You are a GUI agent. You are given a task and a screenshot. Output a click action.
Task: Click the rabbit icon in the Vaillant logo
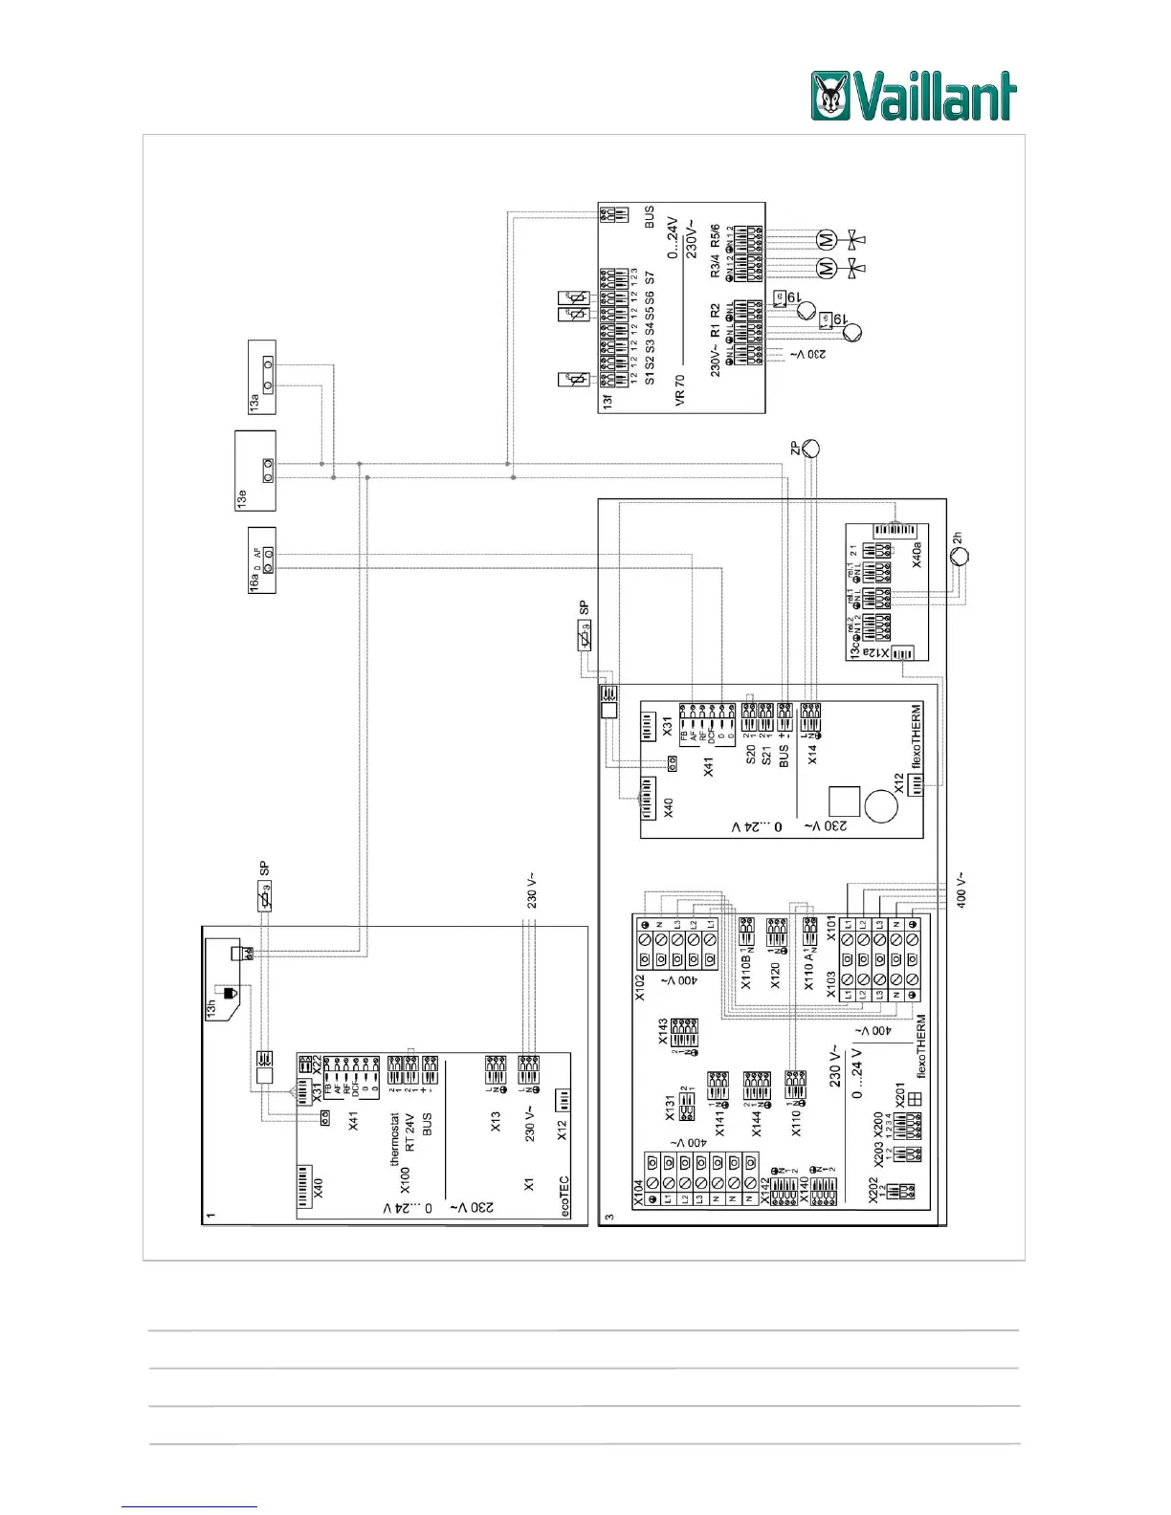[x=829, y=97]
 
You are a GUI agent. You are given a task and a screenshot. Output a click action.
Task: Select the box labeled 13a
[x=262, y=377]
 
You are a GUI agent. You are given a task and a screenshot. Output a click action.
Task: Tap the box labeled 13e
[x=255, y=471]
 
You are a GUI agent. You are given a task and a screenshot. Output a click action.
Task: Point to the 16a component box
[x=262, y=560]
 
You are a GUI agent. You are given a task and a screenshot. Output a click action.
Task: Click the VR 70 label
[x=680, y=390]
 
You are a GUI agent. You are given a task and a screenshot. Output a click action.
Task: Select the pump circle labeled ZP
[x=811, y=448]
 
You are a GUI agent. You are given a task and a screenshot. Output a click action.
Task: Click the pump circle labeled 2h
[x=959, y=556]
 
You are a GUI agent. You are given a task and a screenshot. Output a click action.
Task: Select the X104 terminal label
[x=639, y=1192]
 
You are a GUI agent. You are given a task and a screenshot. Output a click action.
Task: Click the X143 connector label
[x=663, y=1032]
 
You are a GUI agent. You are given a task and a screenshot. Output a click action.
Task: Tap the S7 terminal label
[x=650, y=280]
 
